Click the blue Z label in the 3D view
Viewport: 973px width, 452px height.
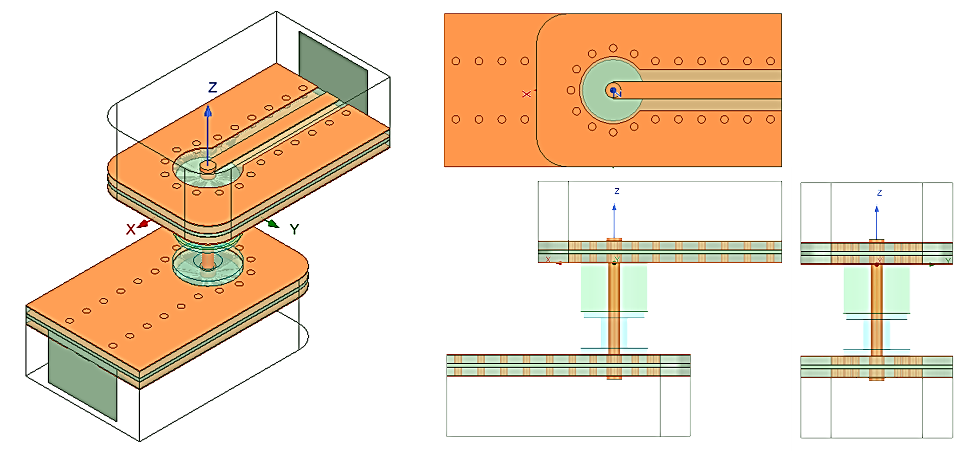[212, 88]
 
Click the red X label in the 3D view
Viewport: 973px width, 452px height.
[130, 229]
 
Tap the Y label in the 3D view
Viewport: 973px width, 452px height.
[294, 229]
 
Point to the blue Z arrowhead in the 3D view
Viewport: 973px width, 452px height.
[208, 111]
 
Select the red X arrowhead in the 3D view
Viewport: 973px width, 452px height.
[143, 224]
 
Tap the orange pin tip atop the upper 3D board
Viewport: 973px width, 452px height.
[207, 165]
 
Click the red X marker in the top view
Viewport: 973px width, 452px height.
[526, 94]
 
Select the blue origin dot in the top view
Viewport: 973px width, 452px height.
[613, 90]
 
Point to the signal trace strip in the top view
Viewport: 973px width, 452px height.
[700, 90]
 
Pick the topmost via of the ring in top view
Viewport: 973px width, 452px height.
[613, 48]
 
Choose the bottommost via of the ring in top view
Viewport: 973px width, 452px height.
[613, 132]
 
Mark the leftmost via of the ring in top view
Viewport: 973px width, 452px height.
[571, 90]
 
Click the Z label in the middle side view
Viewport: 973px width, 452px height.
[617, 191]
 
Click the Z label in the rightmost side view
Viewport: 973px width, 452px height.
[880, 192]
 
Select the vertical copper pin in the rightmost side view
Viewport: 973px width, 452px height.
[877, 310]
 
